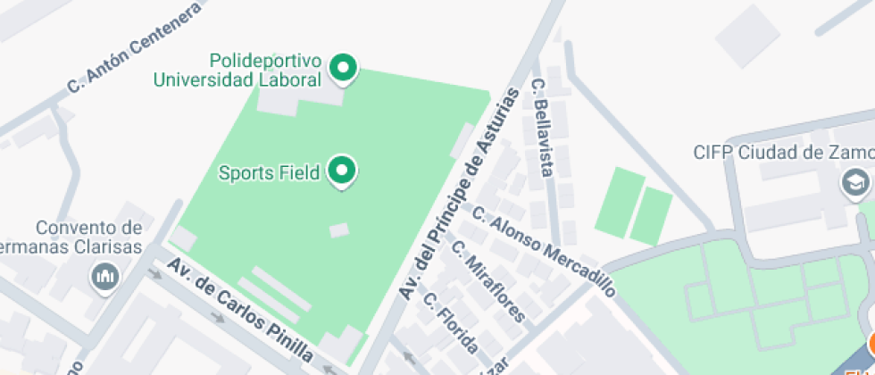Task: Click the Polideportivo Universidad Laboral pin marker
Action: [x=343, y=68]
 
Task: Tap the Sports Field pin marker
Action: [x=341, y=170]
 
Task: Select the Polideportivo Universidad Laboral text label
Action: [x=237, y=71]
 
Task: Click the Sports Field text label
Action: [x=269, y=172]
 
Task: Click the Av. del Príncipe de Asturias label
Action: [x=459, y=194]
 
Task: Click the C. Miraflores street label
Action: [x=487, y=280]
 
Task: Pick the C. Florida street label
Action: [x=450, y=321]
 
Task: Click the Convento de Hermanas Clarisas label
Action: [x=89, y=237]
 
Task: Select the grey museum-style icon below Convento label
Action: [x=105, y=277]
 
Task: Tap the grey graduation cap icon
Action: [x=855, y=184]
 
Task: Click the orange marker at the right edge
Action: [x=871, y=343]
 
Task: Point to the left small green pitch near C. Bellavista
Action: [x=620, y=203]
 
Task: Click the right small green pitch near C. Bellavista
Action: [x=652, y=215]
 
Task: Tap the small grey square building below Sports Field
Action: [x=339, y=230]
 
